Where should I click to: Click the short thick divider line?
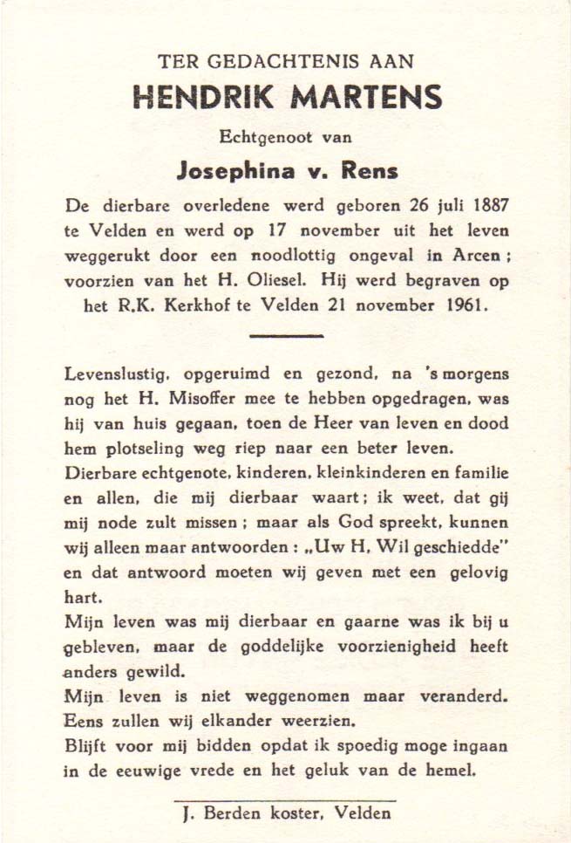[x=285, y=336]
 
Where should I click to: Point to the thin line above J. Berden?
[x=285, y=799]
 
